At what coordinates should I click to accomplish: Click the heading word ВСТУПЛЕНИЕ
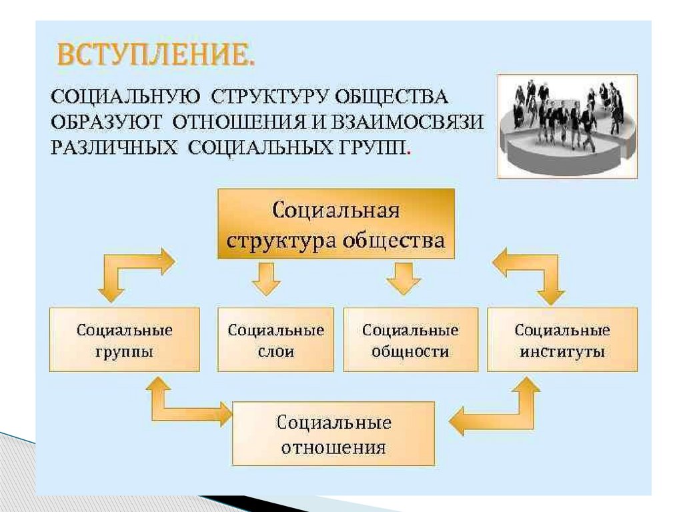155,55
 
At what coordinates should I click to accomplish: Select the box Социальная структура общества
335,224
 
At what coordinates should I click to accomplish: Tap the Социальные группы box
124,340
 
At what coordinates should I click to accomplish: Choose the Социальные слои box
275,340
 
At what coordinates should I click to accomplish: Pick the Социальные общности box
410,340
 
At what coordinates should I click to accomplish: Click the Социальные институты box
562,340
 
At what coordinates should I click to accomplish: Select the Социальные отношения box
333,433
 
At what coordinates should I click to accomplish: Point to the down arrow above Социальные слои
266,278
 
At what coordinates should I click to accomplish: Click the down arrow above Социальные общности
404,278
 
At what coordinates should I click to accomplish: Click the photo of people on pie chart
567,125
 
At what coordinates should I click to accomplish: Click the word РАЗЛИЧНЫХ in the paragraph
113,147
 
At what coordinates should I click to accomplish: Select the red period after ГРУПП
408,151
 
